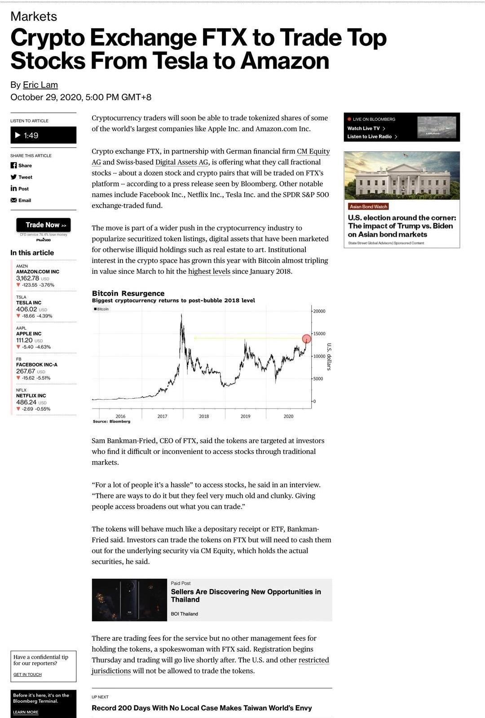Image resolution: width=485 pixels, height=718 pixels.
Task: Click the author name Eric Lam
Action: [x=40, y=85]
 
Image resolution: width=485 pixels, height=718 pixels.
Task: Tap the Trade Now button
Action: [x=43, y=225]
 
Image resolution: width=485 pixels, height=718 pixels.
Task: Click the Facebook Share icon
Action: [x=13, y=165]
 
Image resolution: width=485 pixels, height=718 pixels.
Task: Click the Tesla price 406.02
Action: [x=26, y=309]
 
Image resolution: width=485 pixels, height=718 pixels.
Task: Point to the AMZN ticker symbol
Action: [x=22, y=266]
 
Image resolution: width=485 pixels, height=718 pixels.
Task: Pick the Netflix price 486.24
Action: [x=26, y=402]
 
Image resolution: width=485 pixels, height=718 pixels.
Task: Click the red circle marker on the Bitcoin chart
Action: [x=306, y=339]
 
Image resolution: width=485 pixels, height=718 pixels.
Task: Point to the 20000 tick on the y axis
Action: [x=319, y=311]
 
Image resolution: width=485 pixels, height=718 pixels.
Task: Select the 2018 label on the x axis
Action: [x=204, y=416]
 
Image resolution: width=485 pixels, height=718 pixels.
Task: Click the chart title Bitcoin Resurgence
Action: [x=128, y=293]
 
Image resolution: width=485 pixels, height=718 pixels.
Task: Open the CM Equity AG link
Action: [x=313, y=151]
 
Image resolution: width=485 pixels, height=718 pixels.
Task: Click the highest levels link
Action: [x=209, y=271]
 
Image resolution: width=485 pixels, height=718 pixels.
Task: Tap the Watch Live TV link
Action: [x=364, y=128]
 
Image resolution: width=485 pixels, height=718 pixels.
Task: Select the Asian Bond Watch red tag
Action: [x=368, y=207]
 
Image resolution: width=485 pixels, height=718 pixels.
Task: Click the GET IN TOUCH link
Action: [x=27, y=674]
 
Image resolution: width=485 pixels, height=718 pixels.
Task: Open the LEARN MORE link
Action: [x=26, y=712]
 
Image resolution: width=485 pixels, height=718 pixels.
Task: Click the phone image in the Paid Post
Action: [x=129, y=600]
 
